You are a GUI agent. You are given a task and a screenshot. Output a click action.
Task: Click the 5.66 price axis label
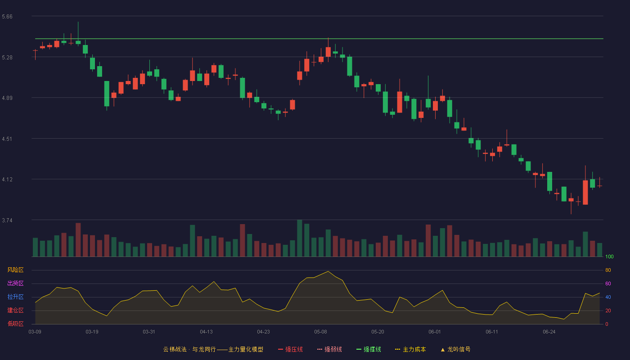pyautogui.click(x=7, y=17)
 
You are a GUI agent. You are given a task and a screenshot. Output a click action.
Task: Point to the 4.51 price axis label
pyautogui.click(x=7, y=139)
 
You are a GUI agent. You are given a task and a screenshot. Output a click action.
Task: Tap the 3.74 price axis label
pyautogui.click(x=7, y=220)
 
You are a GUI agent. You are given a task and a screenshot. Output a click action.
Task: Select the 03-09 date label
pyautogui.click(x=35, y=332)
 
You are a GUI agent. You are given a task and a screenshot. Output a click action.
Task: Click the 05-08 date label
pyautogui.click(x=320, y=332)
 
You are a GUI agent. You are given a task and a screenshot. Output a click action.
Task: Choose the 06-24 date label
pyautogui.click(x=549, y=332)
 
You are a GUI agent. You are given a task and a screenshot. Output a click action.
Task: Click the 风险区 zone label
pyautogui.click(x=15, y=270)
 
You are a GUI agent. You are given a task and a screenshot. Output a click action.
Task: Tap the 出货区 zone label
pyautogui.click(x=15, y=283)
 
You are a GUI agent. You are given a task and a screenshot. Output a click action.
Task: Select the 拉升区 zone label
pyautogui.click(x=15, y=297)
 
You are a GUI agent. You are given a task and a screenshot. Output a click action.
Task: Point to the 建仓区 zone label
pyautogui.click(x=15, y=310)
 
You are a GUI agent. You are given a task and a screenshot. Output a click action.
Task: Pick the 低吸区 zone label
pyautogui.click(x=15, y=324)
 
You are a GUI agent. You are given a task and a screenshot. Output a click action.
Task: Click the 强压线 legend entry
pyautogui.click(x=290, y=349)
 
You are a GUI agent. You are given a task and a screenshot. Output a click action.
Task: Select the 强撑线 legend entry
pyautogui.click(x=369, y=349)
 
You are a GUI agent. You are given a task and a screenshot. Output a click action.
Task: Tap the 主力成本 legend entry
pyautogui.click(x=410, y=349)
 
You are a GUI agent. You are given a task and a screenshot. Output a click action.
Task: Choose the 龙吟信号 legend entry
pyautogui.click(x=455, y=349)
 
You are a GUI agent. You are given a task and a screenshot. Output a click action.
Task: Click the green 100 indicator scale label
pyautogui.click(x=609, y=256)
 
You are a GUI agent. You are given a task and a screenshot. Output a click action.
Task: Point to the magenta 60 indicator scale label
pyautogui.click(x=608, y=283)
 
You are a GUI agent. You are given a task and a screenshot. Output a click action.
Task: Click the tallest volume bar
pyautogui.click(x=300, y=238)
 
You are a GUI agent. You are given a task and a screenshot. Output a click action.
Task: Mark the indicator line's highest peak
pyautogui.click(x=328, y=271)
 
